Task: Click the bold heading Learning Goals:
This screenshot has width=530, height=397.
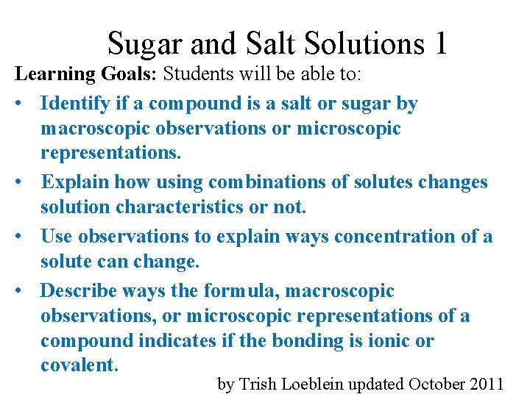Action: tap(86, 74)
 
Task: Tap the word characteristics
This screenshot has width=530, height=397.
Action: tap(182, 207)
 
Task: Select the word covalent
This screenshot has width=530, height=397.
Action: tap(79, 365)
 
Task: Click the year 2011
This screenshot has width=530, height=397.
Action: tap(487, 384)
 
